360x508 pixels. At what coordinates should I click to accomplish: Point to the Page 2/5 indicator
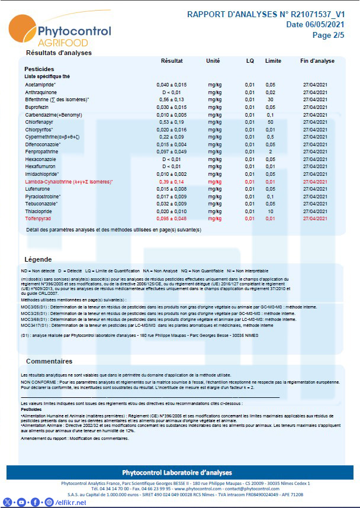click(330, 35)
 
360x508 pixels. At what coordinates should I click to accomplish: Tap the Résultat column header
click(172, 61)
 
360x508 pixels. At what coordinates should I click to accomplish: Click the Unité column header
click(213, 61)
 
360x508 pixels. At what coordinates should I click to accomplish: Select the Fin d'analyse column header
click(317, 61)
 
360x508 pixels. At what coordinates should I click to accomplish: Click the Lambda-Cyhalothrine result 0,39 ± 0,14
click(172, 181)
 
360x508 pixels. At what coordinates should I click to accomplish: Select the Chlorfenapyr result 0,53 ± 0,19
click(172, 122)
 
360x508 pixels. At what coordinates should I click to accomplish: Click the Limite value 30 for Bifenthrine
click(270, 99)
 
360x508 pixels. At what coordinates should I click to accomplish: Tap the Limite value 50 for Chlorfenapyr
click(270, 122)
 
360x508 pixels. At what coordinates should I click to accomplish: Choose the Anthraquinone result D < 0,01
click(172, 92)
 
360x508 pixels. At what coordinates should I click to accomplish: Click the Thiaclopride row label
click(40, 211)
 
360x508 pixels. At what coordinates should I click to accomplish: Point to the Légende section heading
click(38, 259)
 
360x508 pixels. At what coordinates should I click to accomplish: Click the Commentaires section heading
click(49, 361)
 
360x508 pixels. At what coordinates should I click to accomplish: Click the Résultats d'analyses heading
click(59, 53)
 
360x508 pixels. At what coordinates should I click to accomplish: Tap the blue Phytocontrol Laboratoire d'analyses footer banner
click(180, 472)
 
